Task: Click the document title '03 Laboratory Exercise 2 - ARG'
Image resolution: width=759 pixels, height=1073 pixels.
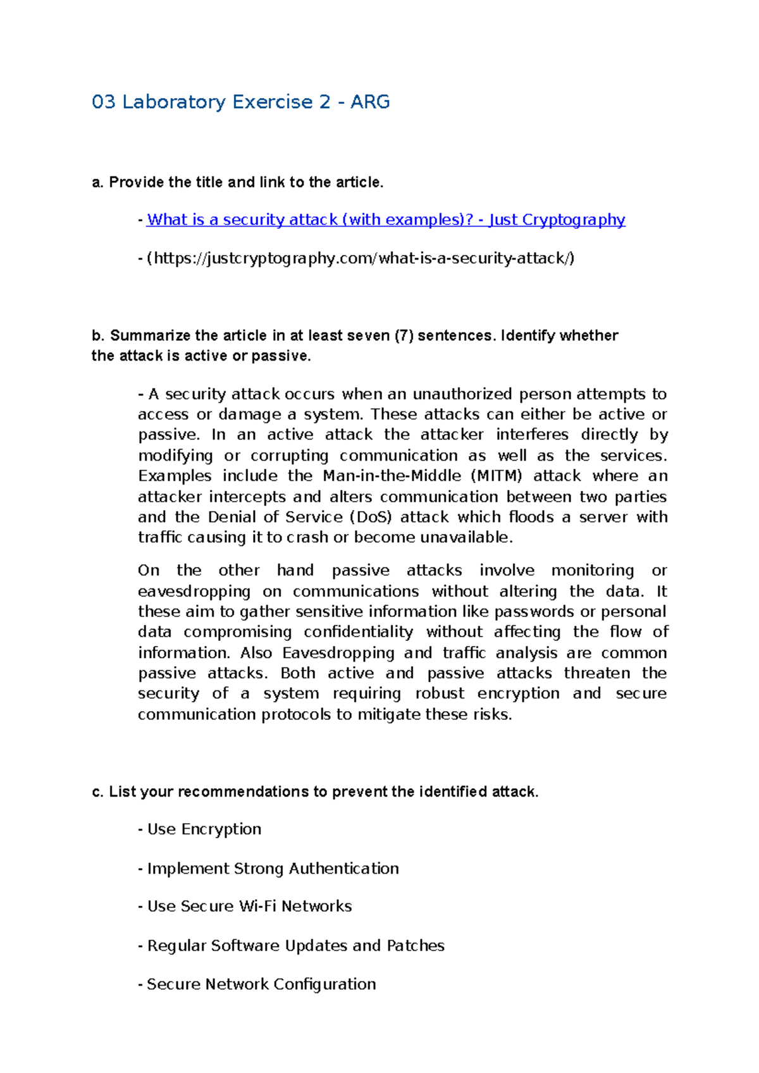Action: pos(240,102)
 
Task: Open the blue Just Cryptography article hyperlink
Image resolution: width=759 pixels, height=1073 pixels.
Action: pos(386,220)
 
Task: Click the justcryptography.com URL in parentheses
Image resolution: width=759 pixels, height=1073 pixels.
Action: pos(361,258)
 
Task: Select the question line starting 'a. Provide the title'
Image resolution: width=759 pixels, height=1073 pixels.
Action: pos(238,182)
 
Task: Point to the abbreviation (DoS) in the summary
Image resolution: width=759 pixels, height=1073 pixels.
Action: pos(370,517)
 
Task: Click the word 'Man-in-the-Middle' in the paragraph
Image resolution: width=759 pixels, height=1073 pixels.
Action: pos(392,476)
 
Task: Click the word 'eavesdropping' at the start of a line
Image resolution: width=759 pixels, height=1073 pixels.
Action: pos(194,592)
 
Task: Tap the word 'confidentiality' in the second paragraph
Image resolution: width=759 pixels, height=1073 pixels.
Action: pos(358,632)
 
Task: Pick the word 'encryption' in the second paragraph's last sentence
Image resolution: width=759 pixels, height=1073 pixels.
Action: pos(518,693)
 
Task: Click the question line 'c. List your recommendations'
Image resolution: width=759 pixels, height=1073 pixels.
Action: pos(315,791)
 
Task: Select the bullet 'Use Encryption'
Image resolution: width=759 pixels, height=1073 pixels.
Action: pos(204,829)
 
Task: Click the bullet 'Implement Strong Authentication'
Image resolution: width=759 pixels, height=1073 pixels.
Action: pos(273,869)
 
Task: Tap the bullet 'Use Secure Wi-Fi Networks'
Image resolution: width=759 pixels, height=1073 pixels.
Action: pos(249,907)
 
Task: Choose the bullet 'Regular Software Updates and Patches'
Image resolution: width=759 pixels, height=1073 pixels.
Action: pos(295,946)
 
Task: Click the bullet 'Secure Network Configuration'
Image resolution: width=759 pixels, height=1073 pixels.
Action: pos(261,984)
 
